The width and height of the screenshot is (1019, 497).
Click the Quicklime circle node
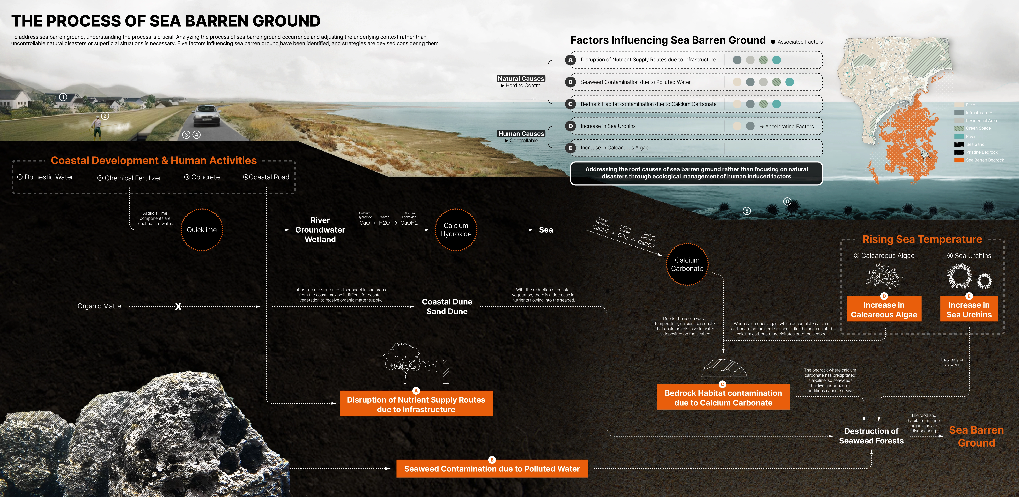[202, 230]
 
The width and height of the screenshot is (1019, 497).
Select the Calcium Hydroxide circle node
[456, 230]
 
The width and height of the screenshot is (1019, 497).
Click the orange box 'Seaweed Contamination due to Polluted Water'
[492, 469]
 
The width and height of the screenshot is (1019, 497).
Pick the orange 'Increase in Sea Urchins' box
[969, 310]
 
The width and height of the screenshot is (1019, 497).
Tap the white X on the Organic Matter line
[178, 306]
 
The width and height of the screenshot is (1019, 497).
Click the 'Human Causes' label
[521, 134]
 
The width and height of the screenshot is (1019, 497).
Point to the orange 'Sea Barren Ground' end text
[976, 436]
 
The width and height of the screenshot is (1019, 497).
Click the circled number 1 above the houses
[63, 97]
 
